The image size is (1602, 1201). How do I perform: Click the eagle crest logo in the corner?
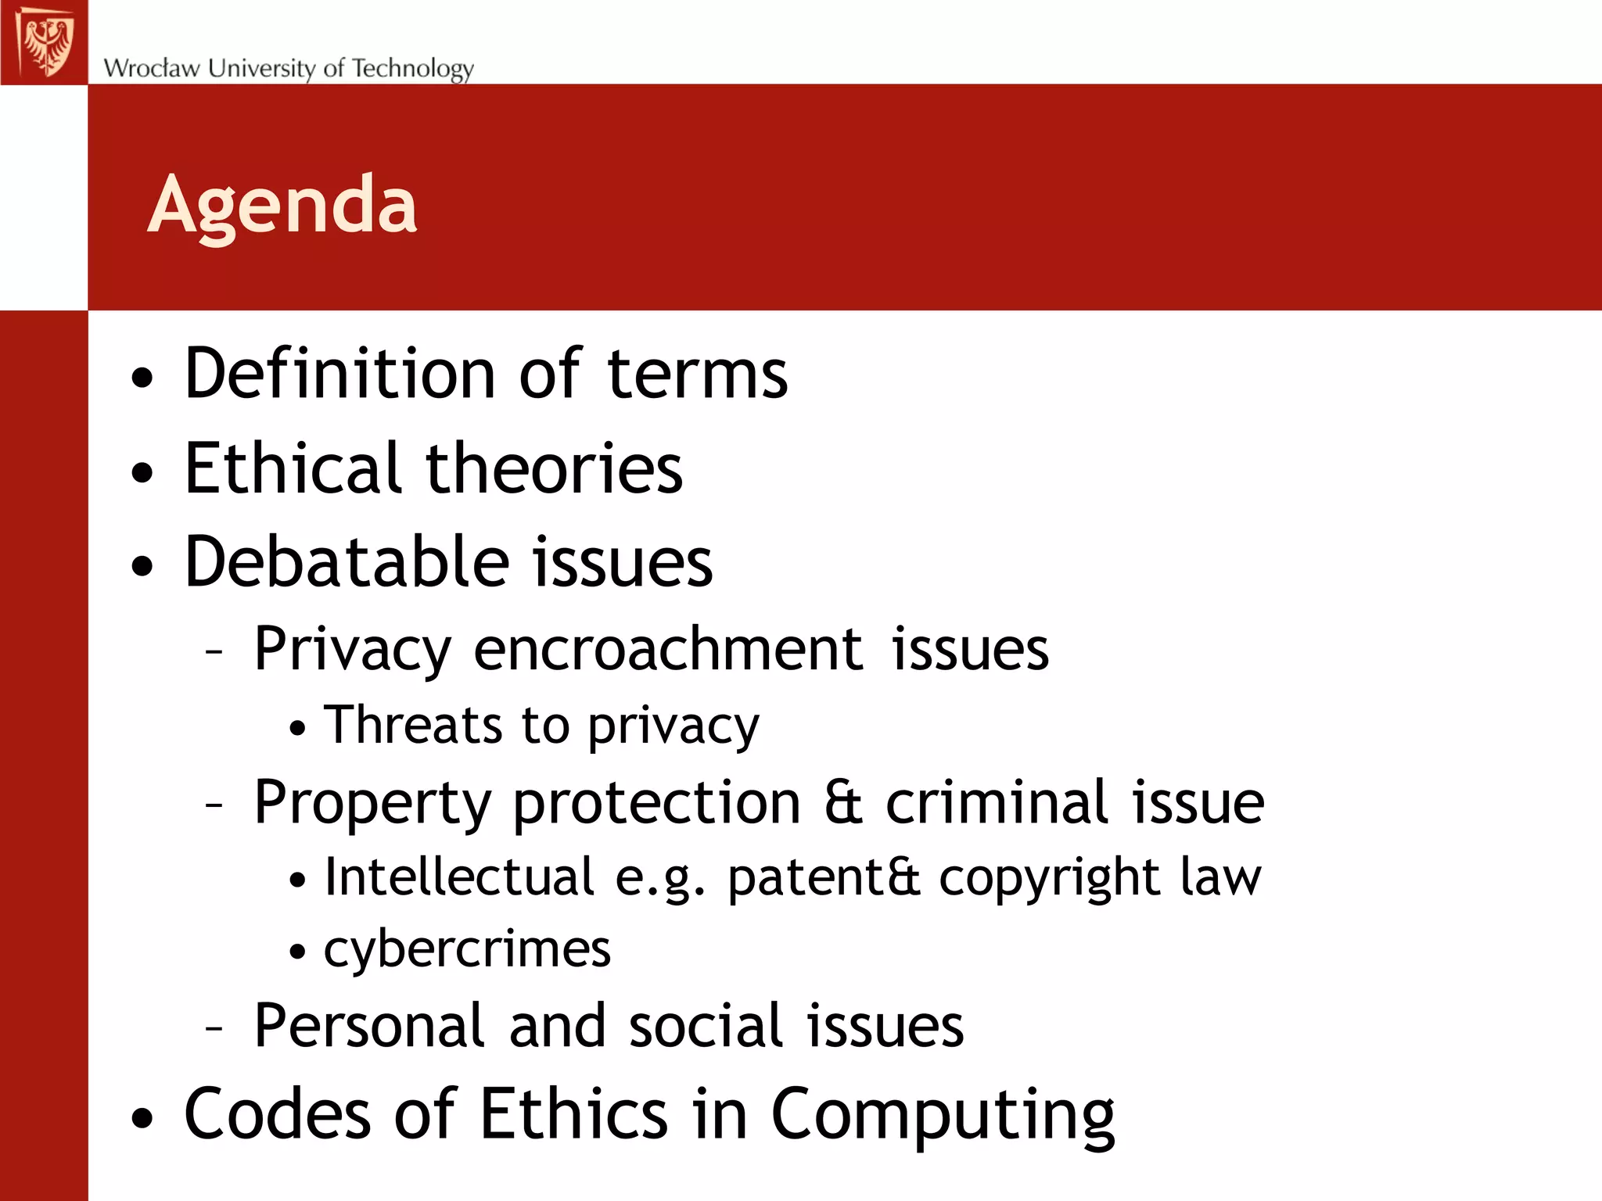[45, 42]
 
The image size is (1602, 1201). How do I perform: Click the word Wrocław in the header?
[152, 68]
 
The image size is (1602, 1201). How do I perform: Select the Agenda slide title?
[282, 205]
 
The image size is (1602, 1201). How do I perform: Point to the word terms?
[697, 374]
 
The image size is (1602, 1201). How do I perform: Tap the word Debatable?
[347, 561]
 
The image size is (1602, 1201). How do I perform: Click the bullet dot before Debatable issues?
[142, 565]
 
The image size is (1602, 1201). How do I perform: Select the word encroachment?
[669, 649]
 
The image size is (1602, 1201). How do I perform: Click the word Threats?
[414, 725]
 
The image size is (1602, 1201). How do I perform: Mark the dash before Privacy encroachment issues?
[214, 651]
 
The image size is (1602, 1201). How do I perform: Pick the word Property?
[372, 803]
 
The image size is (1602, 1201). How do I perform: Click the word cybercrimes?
[467, 949]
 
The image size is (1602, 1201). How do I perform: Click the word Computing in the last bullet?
[943, 1115]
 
